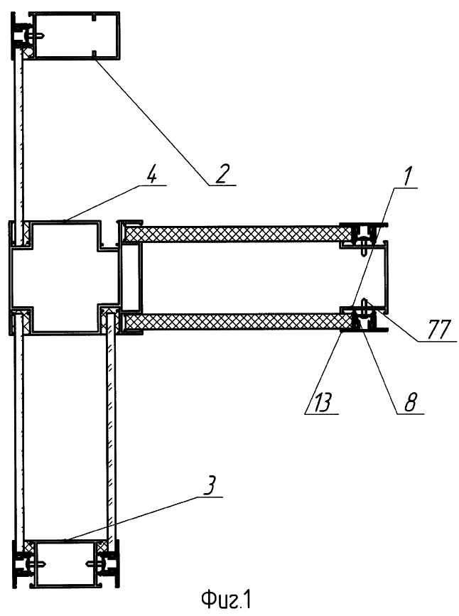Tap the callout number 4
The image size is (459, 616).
coord(151,175)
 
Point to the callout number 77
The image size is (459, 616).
coord(438,329)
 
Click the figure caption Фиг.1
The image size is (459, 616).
coord(226,600)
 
